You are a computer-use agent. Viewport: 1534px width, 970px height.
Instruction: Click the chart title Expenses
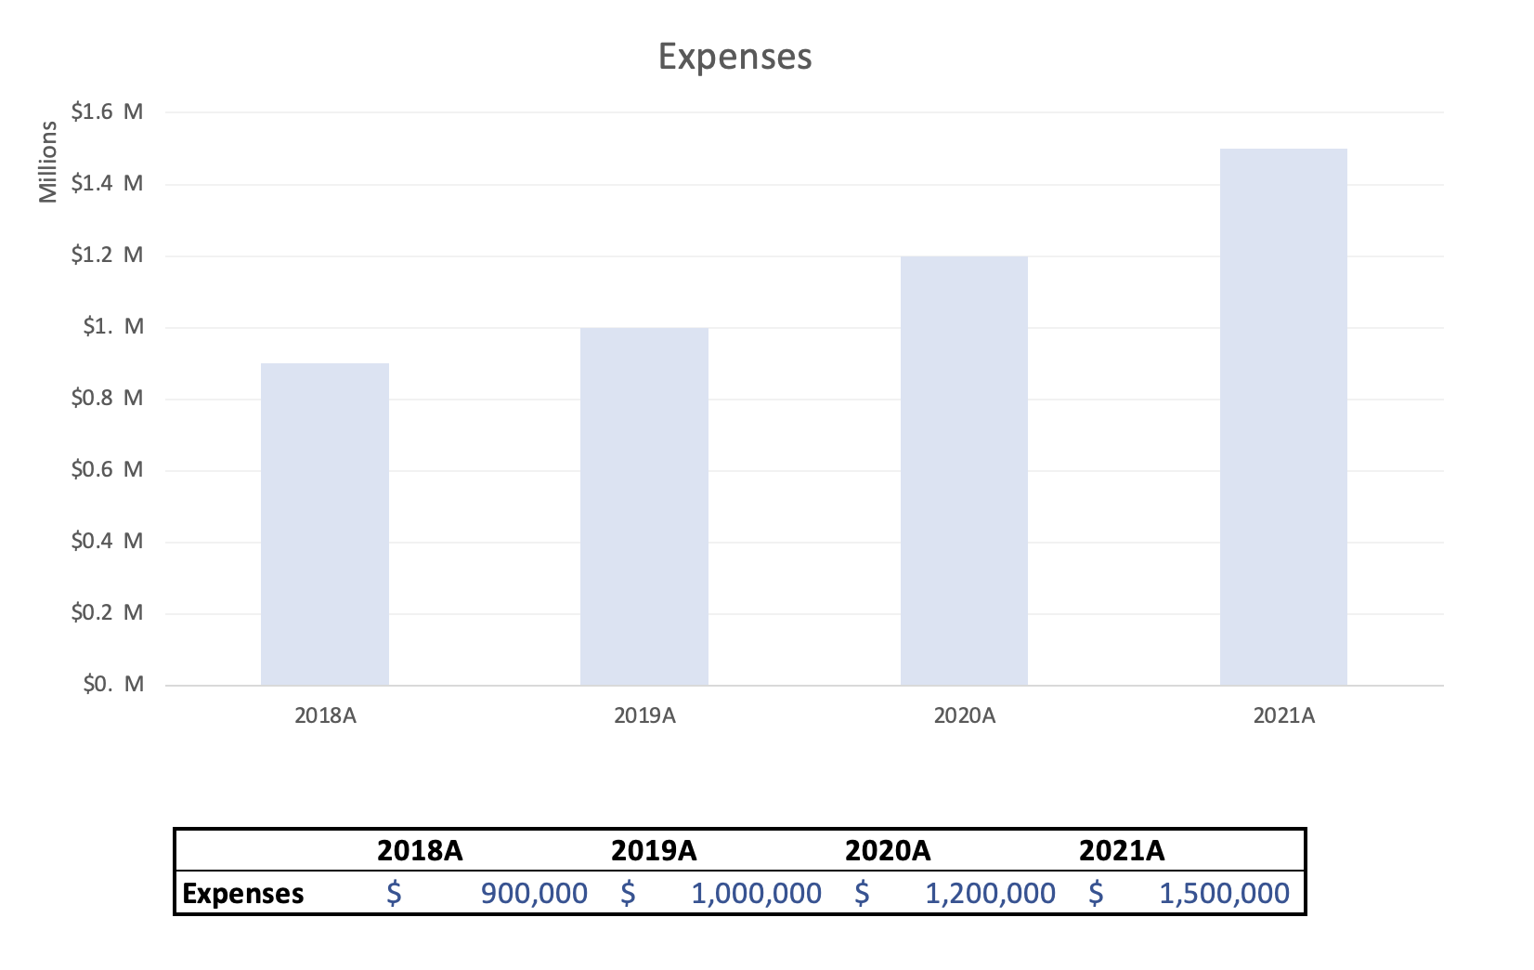point(734,57)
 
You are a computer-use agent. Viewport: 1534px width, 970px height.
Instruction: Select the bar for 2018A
point(324,524)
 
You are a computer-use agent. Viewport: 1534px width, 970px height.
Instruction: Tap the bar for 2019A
point(643,506)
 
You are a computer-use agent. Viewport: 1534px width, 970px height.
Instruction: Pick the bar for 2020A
point(964,470)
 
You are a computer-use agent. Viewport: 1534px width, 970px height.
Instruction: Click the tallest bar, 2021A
point(1283,417)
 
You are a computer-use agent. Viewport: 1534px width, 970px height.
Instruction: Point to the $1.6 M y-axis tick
point(107,112)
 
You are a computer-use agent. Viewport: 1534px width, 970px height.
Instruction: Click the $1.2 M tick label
point(107,256)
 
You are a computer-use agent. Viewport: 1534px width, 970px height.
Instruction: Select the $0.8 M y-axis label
point(107,399)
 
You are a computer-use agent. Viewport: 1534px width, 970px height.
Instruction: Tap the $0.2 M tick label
point(107,612)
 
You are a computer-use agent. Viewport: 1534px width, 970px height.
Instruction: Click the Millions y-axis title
point(48,163)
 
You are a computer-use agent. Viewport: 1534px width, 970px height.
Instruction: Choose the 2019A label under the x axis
point(644,715)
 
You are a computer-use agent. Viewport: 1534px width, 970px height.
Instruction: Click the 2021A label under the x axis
point(1284,715)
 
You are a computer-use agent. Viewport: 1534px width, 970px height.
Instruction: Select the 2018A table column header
point(420,850)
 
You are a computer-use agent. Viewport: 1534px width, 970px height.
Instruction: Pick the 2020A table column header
point(888,850)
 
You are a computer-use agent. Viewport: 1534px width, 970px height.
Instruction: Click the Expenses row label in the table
point(243,893)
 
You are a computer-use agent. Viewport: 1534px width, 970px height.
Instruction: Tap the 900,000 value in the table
point(534,893)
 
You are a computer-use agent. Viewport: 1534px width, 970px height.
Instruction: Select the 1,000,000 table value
point(756,893)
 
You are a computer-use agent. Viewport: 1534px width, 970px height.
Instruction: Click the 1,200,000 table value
point(990,893)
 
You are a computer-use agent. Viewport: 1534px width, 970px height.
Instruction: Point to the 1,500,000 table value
point(1224,893)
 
